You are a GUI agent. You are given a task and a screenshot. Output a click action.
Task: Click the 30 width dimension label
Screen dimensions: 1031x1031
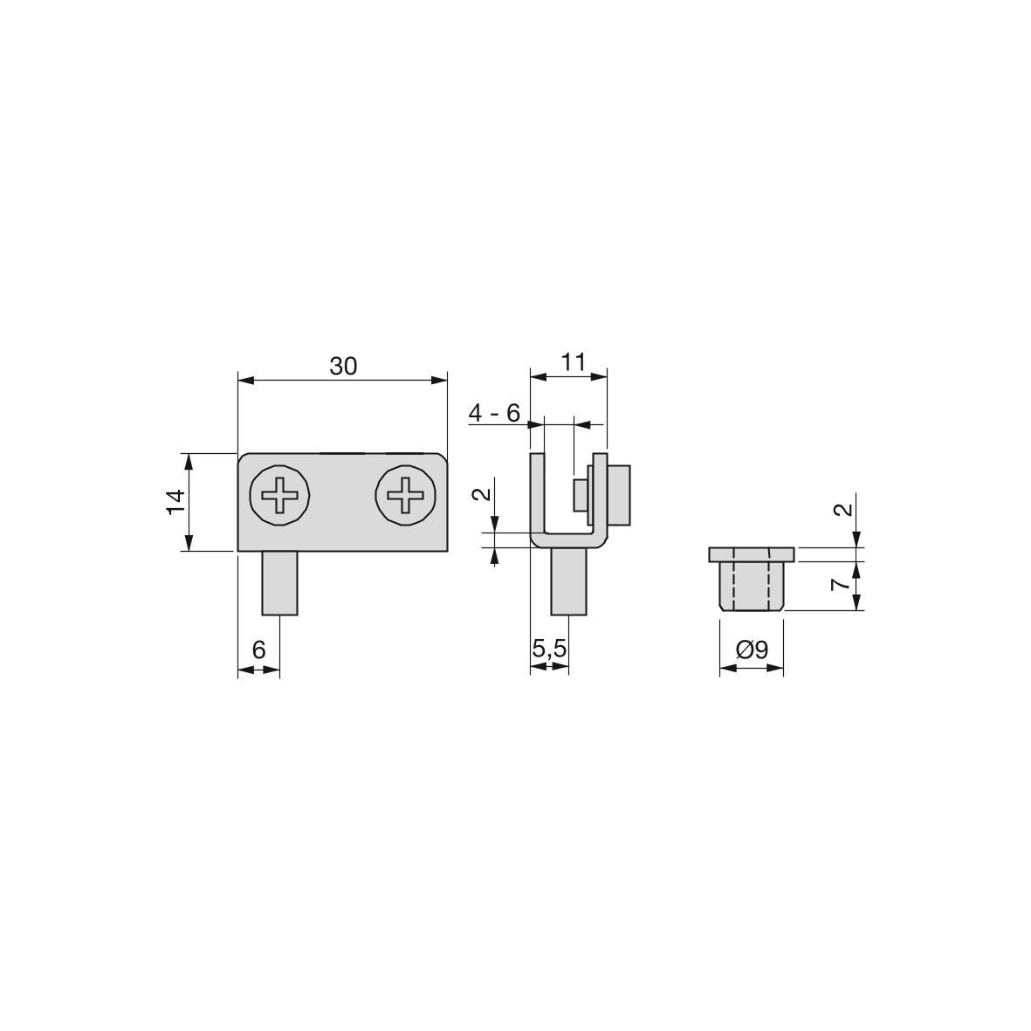[x=342, y=367]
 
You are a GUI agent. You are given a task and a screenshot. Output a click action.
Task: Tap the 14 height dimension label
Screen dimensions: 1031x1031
[x=175, y=502]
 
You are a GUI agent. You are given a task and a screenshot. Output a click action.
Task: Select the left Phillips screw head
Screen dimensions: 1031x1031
[x=279, y=495]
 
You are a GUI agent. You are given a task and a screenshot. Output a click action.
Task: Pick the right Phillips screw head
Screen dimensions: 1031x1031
[x=405, y=495]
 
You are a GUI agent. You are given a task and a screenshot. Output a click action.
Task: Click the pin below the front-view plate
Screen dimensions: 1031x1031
[x=279, y=583]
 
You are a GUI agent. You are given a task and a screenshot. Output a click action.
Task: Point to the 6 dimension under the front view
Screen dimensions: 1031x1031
[x=258, y=650]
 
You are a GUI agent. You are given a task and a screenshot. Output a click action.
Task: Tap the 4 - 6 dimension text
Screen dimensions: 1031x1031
[x=494, y=413]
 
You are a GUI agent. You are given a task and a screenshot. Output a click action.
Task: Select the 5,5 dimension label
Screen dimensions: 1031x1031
[x=549, y=650]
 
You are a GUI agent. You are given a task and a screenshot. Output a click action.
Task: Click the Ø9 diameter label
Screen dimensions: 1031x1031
[x=753, y=650]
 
